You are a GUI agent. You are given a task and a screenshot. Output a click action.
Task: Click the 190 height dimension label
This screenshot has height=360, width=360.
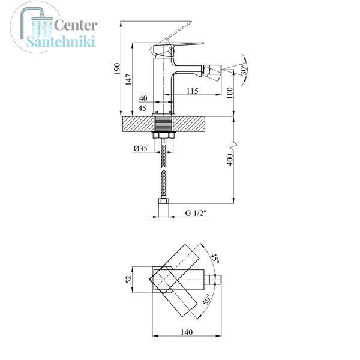click(x=117, y=68)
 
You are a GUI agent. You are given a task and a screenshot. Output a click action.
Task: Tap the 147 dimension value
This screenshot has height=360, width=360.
click(x=129, y=79)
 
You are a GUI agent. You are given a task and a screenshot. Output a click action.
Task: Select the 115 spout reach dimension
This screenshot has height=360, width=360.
click(x=192, y=91)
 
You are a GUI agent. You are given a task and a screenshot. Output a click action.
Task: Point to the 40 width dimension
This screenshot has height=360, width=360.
click(x=143, y=98)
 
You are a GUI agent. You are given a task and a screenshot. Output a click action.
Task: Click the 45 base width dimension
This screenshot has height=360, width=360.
click(x=142, y=108)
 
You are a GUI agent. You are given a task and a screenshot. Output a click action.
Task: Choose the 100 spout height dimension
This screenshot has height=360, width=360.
click(x=230, y=93)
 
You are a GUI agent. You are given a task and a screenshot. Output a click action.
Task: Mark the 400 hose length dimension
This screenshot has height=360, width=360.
click(x=230, y=160)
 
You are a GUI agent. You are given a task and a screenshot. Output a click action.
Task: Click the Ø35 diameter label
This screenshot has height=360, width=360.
click(x=140, y=149)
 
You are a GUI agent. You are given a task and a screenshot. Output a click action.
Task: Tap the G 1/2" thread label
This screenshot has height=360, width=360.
click(x=196, y=213)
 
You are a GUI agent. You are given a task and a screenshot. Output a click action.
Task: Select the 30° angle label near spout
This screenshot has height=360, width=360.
click(x=244, y=70)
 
